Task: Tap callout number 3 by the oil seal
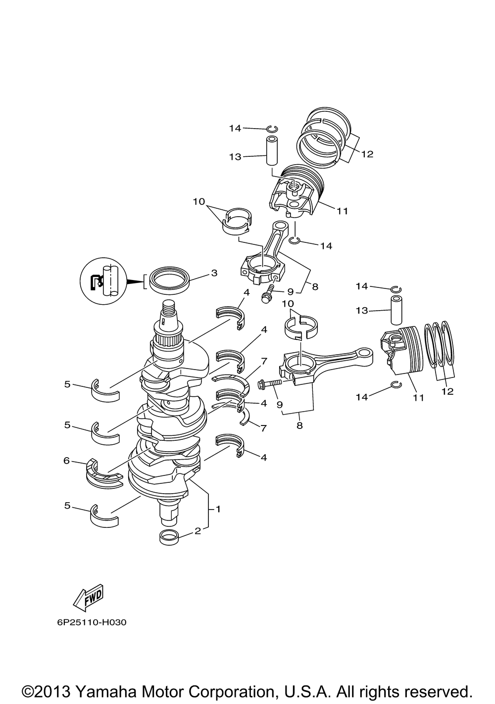[x=214, y=273]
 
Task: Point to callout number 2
[x=198, y=531]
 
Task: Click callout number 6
[x=66, y=461]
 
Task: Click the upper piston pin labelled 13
[x=272, y=150]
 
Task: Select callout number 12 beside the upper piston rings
[x=367, y=154]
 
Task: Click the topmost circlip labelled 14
[x=272, y=129]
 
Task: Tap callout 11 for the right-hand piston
[x=418, y=398]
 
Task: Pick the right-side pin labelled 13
[x=396, y=310]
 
